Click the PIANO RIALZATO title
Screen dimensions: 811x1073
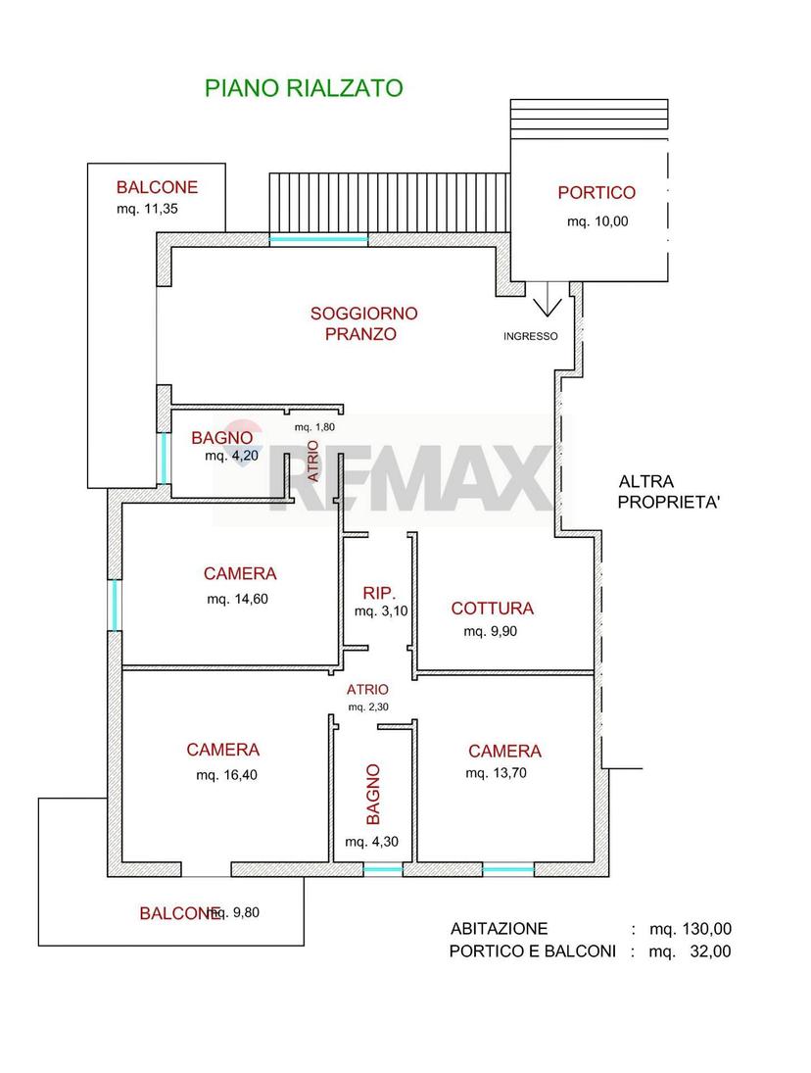[x=304, y=88]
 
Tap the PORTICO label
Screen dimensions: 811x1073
[x=596, y=193]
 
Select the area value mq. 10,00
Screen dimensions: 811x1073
[x=596, y=221]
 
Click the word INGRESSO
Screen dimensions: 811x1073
[x=530, y=337]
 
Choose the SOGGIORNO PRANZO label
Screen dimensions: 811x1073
[x=363, y=323]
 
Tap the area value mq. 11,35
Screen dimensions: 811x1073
[x=147, y=210]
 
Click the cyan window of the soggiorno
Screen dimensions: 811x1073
[x=318, y=240]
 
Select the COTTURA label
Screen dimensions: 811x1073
[x=493, y=609]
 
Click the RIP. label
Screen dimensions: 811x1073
[x=379, y=593]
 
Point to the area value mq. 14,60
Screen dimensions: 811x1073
[x=237, y=600]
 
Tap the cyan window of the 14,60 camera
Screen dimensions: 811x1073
[x=115, y=606]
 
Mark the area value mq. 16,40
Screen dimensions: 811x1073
[x=226, y=775]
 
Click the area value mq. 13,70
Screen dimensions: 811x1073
[x=496, y=773]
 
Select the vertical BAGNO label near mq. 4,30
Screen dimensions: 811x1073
[x=372, y=795]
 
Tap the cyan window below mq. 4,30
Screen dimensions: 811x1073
[x=383, y=870]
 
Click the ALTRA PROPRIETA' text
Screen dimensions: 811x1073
[x=669, y=492]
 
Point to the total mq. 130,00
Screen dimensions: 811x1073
[x=691, y=929]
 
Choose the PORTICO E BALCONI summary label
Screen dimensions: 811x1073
[x=533, y=951]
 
